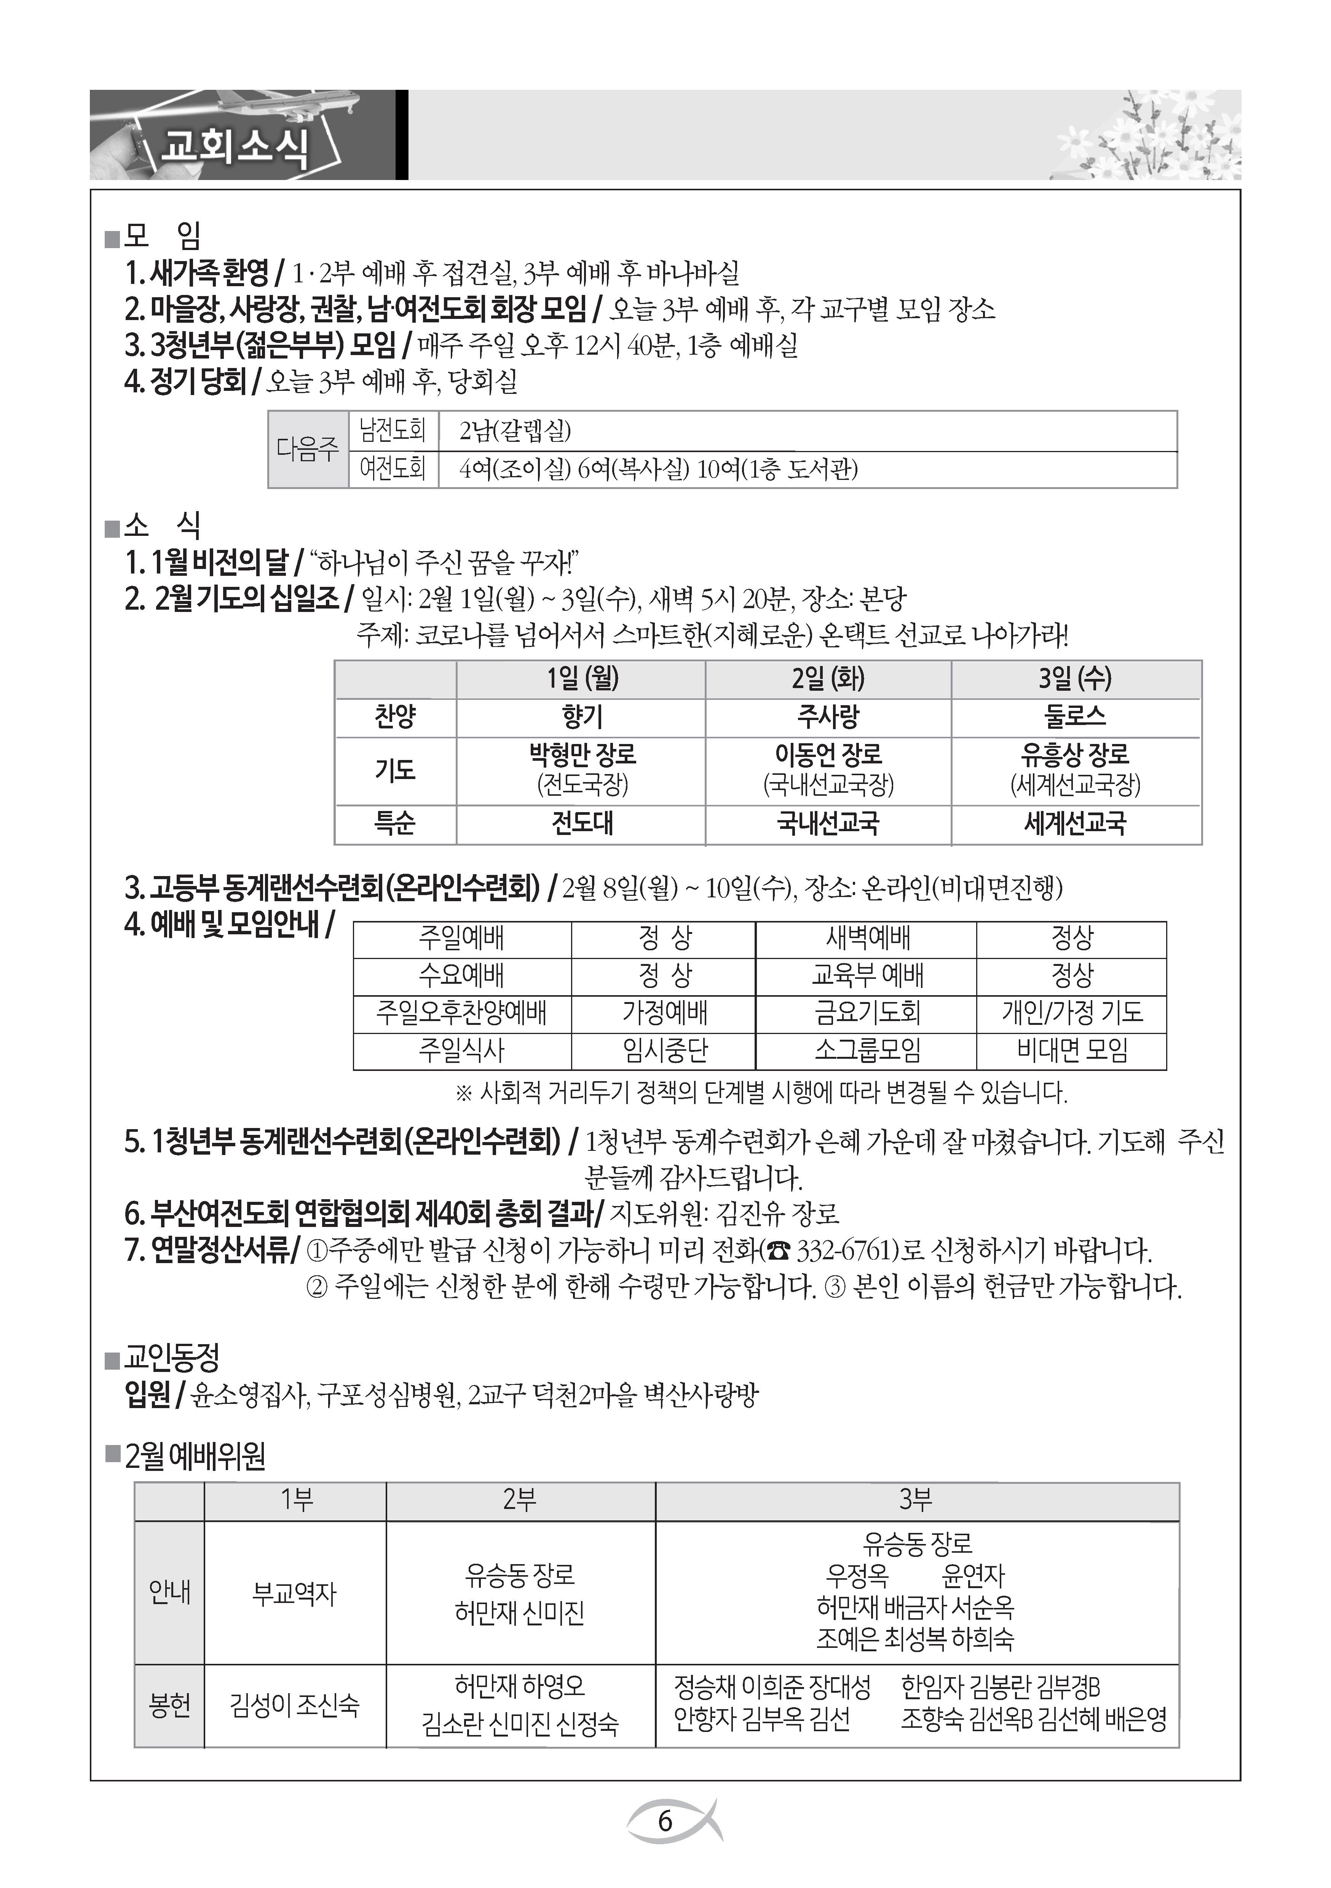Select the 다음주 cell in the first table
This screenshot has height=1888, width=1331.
308,449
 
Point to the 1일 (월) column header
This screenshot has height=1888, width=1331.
582,679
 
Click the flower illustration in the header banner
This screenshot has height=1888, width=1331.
1152,140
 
